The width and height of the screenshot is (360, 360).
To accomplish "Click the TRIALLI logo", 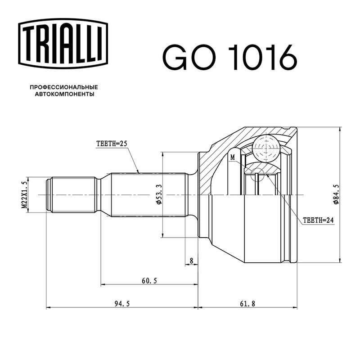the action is [x=63, y=44].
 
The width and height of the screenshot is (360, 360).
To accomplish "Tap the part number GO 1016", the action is [x=230, y=57].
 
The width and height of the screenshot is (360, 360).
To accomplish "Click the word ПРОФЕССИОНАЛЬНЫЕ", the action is [x=64, y=87].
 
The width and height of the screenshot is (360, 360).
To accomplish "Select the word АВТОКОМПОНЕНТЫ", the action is [x=64, y=94].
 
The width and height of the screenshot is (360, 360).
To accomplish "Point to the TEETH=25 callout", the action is [x=112, y=144].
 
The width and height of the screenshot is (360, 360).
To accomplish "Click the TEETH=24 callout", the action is [x=318, y=220].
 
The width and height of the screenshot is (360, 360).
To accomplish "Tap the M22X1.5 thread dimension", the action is [x=24, y=195].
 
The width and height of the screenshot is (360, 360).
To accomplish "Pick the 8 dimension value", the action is [x=192, y=261].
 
